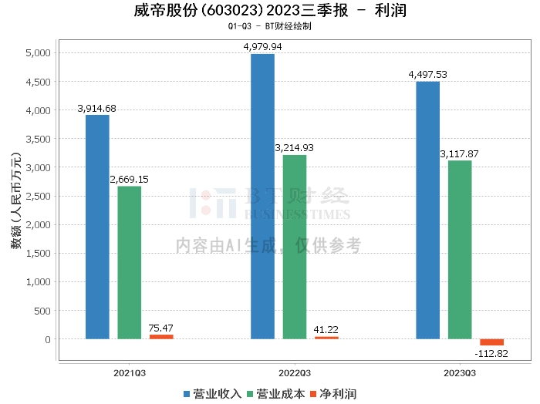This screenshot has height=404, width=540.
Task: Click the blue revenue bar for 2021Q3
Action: point(97,227)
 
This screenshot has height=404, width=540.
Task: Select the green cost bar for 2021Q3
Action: point(130,262)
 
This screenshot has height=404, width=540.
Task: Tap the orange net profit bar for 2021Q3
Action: point(161,337)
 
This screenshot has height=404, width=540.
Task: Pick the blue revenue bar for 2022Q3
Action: point(262,196)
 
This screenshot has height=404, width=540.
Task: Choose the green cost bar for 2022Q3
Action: point(295,247)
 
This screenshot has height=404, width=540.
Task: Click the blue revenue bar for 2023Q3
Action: point(427,210)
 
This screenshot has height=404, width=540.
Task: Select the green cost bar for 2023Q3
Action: point(460,250)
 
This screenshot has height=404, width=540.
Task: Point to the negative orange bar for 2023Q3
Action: point(491,342)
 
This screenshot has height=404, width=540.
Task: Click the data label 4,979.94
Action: point(262,47)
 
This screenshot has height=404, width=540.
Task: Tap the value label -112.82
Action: point(491,354)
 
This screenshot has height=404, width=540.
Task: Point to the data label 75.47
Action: point(161,328)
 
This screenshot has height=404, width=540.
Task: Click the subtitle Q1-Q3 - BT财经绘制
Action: point(269,26)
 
